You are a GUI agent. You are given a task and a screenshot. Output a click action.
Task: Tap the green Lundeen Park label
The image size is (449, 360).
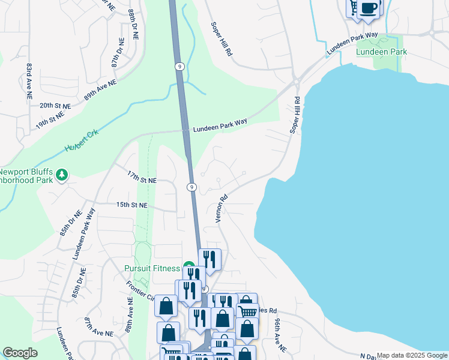pyautogui.click(x=381, y=52)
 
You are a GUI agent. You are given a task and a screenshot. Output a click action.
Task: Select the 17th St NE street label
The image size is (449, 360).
pyautogui.click(x=142, y=179)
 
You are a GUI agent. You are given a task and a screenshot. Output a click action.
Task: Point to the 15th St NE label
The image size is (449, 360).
pyautogui.click(x=131, y=205)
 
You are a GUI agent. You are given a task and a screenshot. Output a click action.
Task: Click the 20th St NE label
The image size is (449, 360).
pyautogui.click(x=55, y=105)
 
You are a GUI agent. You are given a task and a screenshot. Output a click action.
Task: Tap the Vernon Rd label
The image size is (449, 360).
pyautogui.click(x=222, y=208)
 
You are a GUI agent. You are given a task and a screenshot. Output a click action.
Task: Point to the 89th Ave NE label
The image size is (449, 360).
pyautogui.click(x=100, y=89)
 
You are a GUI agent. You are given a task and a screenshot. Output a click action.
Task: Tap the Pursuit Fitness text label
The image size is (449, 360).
pyautogui.click(x=152, y=268)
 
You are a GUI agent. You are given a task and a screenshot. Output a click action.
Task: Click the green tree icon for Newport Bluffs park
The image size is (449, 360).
pyautogui.click(x=62, y=175)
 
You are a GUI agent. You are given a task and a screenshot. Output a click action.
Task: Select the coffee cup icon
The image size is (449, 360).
pyautogui.click(x=370, y=8)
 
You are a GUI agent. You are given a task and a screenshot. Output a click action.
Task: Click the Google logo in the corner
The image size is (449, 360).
pyautogui.click(x=20, y=353)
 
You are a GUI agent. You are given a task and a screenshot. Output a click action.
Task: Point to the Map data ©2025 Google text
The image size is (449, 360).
pyautogui.click(x=412, y=355)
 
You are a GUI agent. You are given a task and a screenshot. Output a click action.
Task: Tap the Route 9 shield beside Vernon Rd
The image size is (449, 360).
pyautogui.click(x=191, y=187)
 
